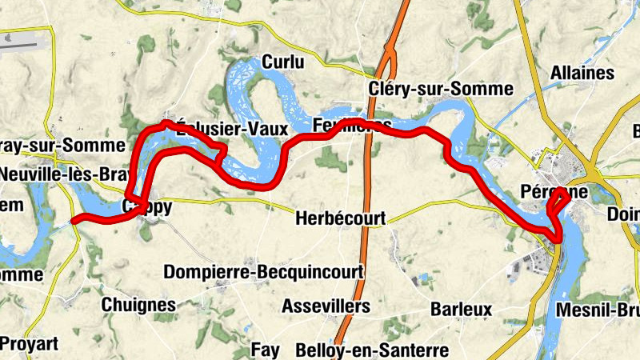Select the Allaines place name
coord(582,73)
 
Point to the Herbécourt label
coord(340,218)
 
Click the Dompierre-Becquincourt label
coord(263,272)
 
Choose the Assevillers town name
coord(326,306)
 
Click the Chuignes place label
coord(138,305)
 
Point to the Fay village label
coord(266,350)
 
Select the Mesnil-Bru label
coord(596,309)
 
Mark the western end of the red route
coord(74,219)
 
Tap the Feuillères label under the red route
coord(353,126)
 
